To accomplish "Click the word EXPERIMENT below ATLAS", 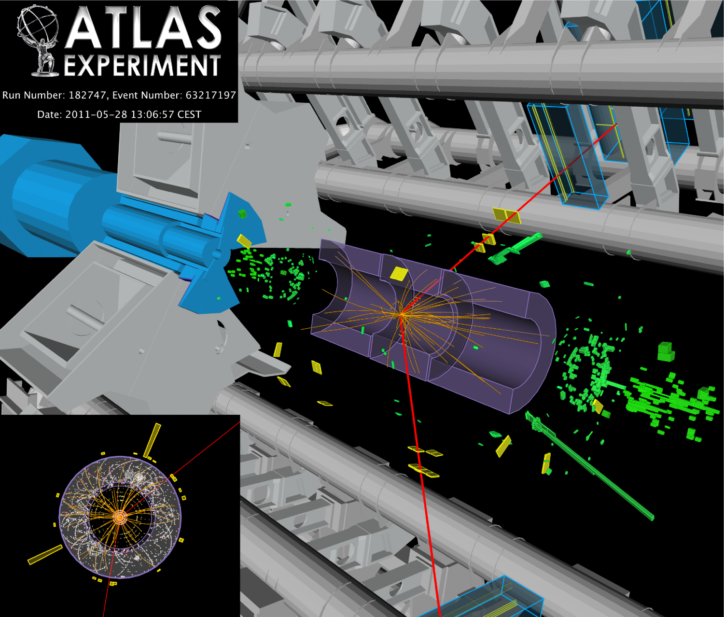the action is click(x=142, y=66).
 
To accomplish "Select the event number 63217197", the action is click(x=211, y=95).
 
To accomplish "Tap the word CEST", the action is click(x=189, y=114).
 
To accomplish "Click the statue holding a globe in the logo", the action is click(x=39, y=40).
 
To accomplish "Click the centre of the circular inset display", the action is click(x=120, y=517).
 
